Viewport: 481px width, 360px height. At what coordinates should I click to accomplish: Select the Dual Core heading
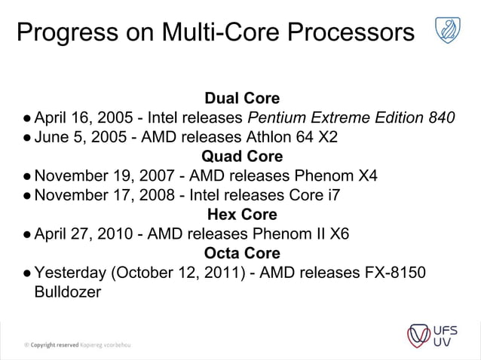[x=242, y=99]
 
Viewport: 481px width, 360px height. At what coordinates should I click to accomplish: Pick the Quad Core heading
[x=242, y=157]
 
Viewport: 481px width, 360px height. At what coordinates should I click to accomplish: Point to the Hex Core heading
[x=242, y=215]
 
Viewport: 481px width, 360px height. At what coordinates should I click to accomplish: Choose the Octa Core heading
[x=242, y=253]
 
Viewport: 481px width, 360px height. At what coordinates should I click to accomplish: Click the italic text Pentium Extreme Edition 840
[x=351, y=118]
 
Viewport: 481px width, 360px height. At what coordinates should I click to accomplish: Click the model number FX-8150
[x=392, y=273]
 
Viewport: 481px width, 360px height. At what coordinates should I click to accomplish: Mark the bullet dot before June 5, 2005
[x=26, y=138]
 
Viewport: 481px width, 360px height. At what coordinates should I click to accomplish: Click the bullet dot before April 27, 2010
[x=26, y=234]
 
